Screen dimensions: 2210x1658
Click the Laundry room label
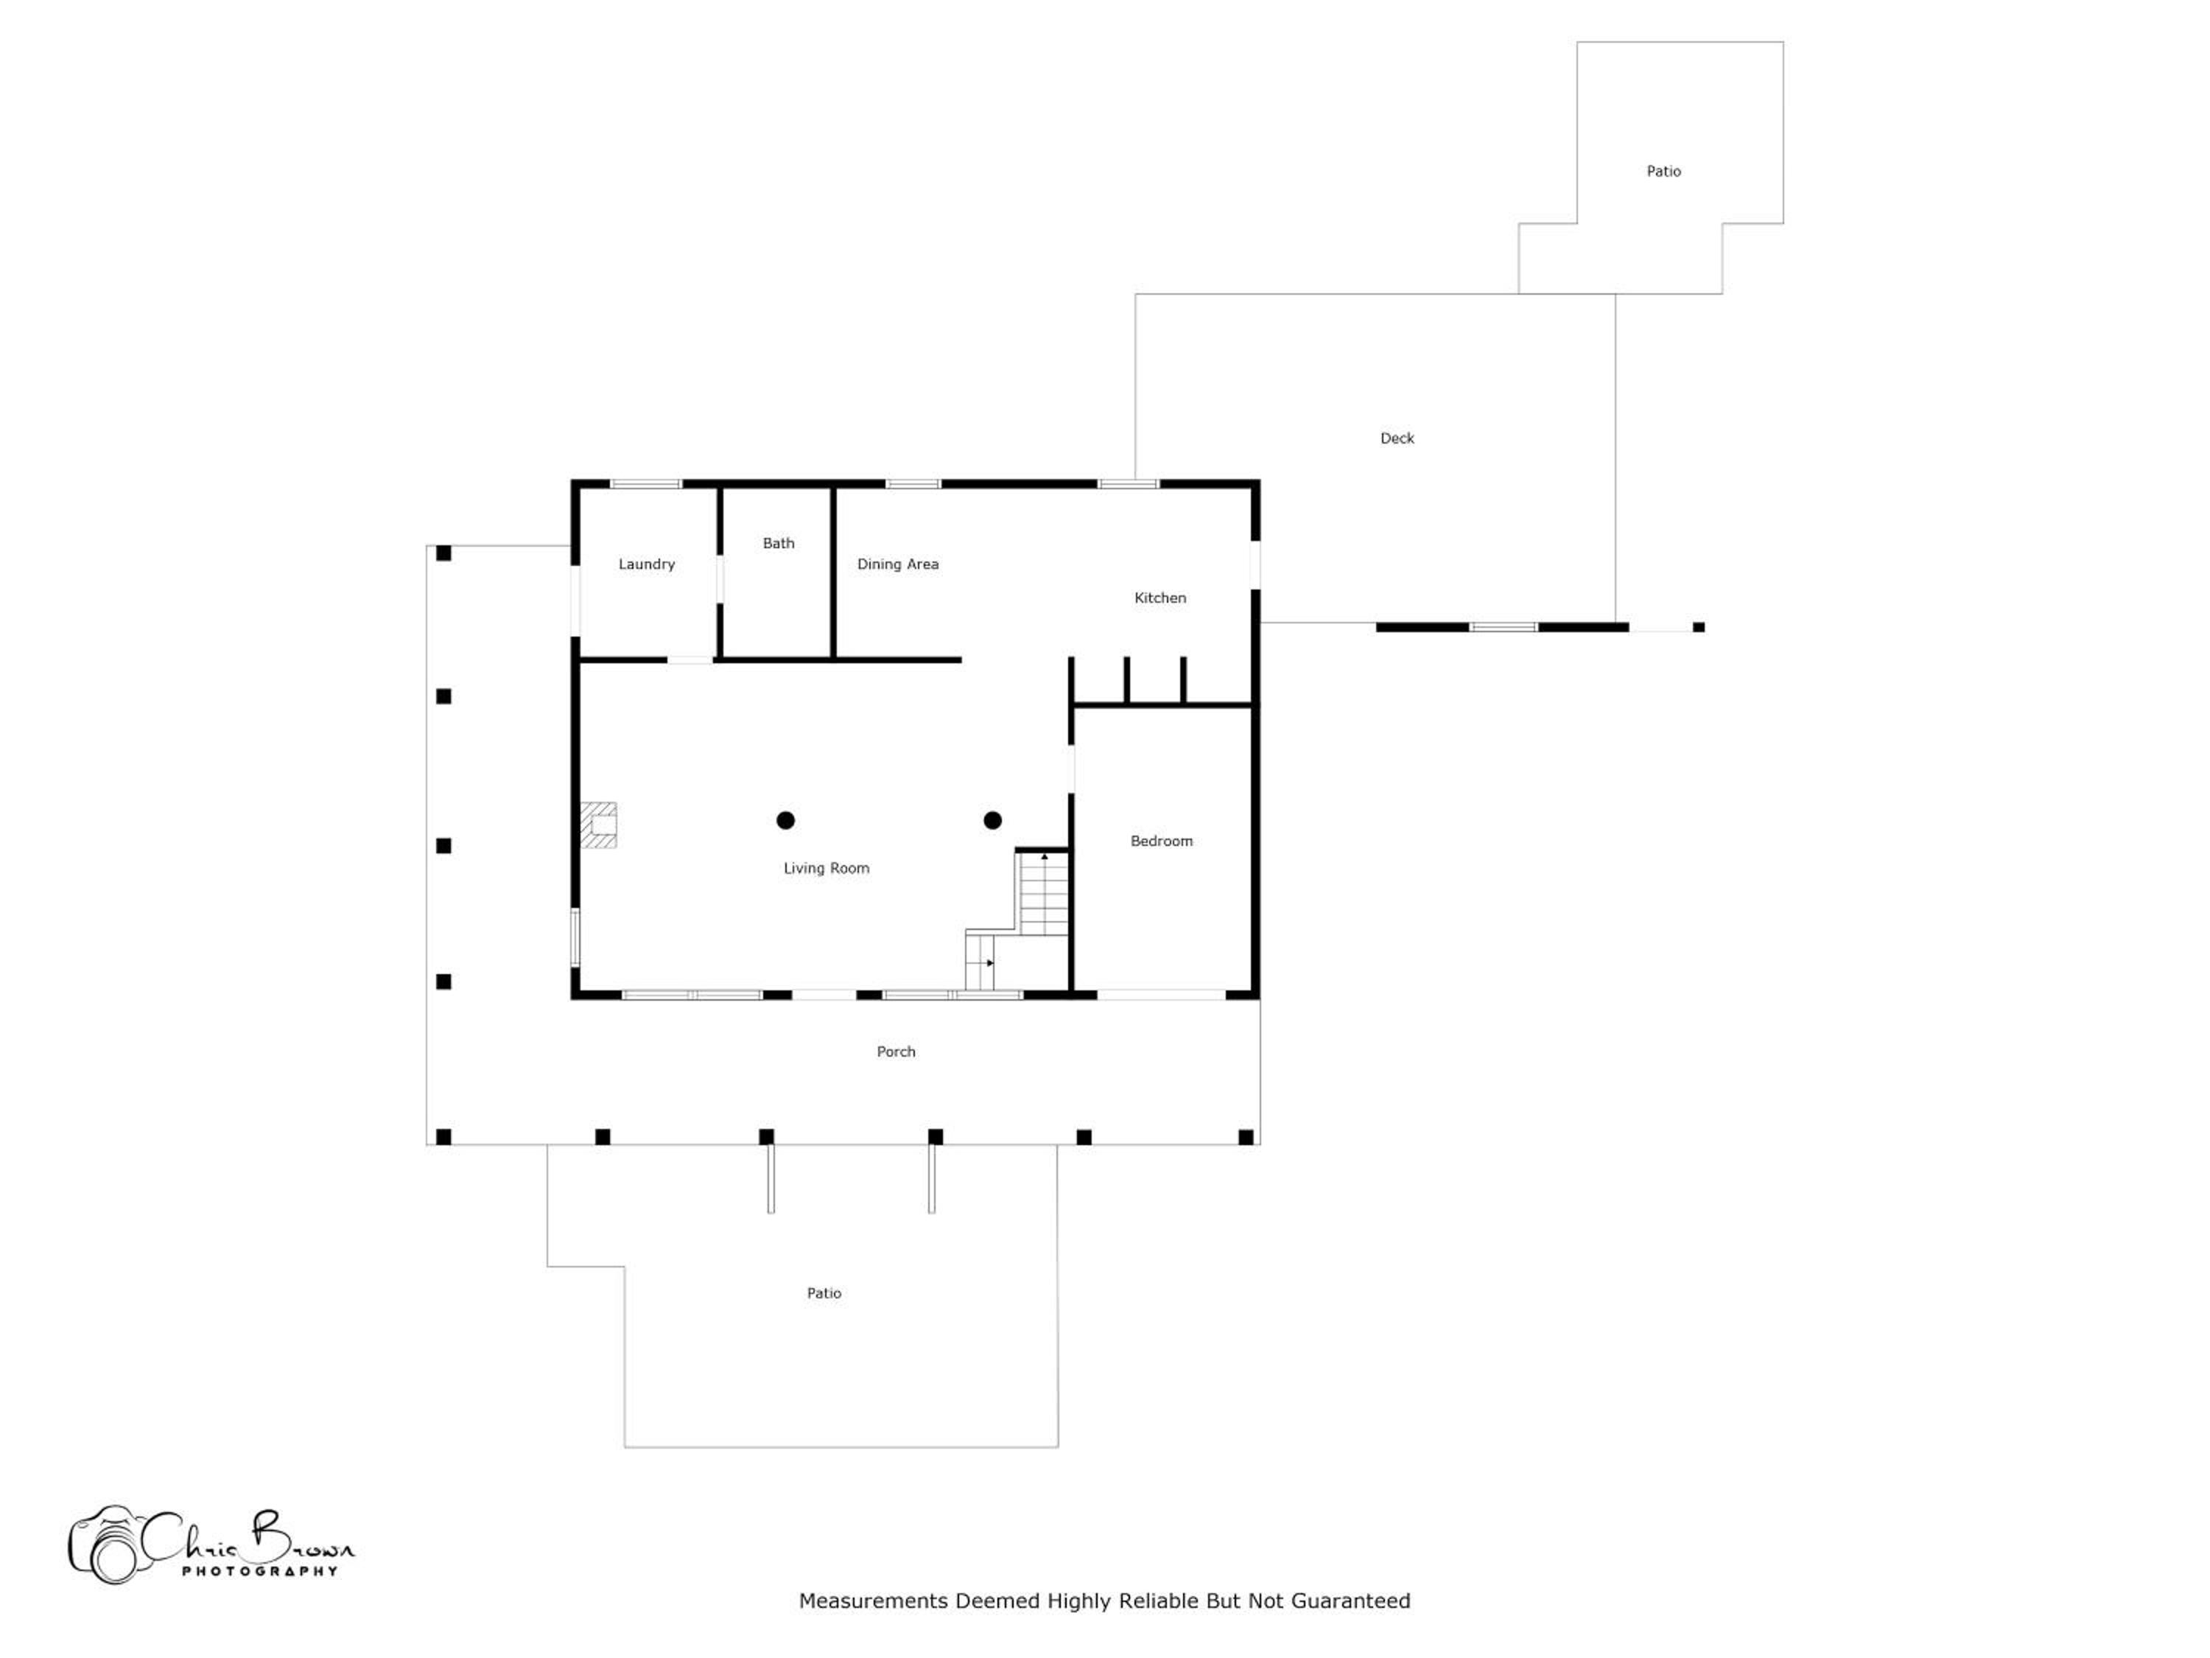click(646, 564)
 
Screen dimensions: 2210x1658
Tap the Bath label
click(779, 544)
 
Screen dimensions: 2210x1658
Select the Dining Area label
click(897, 564)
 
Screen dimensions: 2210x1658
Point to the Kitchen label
click(1160, 598)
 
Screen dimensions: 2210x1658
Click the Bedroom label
click(1161, 842)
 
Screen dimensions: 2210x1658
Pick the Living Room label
click(827, 869)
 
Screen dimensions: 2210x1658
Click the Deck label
click(1397, 438)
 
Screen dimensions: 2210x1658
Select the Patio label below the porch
click(824, 1293)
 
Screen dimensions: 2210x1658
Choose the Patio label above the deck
click(1663, 171)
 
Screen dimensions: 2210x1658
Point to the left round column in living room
click(785, 820)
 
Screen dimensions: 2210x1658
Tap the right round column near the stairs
click(992, 820)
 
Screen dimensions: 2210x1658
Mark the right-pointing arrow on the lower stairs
click(989, 963)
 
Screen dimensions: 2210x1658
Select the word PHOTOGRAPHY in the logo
click(260, 1571)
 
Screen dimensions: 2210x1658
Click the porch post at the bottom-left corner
click(443, 1136)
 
